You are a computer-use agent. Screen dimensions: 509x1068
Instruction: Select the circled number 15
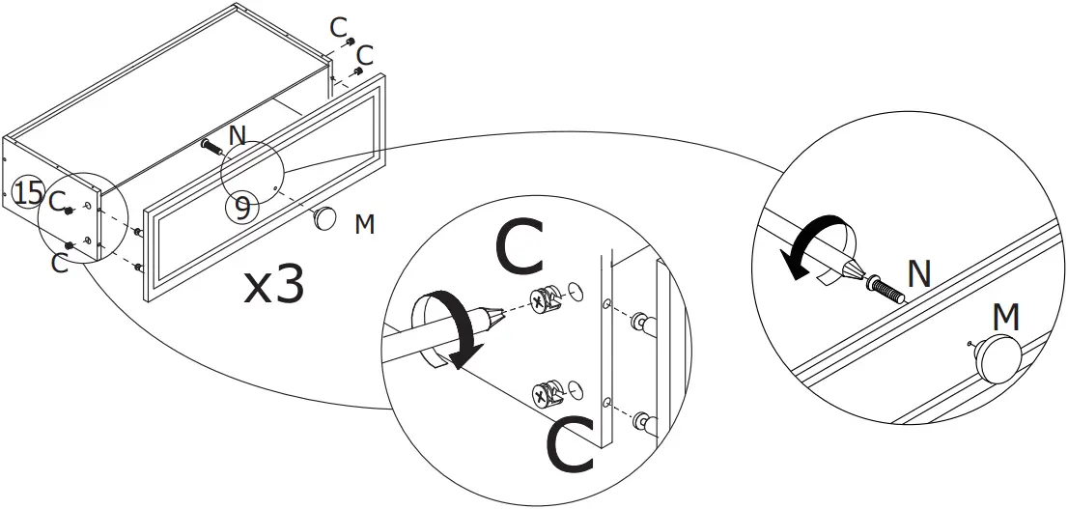(29, 193)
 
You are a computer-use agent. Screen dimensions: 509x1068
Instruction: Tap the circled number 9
(242, 206)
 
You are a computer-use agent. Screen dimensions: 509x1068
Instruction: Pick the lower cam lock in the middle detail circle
(546, 393)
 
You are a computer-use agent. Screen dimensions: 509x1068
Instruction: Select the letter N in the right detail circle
(918, 274)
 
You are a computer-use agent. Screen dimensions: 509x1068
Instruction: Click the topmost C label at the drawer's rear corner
(337, 26)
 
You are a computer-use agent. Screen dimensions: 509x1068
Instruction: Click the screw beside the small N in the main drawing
(211, 147)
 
